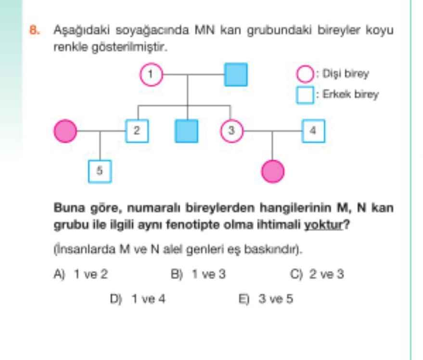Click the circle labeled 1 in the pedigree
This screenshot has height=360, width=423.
pos(151,74)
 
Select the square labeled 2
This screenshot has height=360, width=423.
pos(137,130)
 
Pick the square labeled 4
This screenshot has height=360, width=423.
pos(313,130)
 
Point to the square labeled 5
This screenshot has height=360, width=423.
pos(100,171)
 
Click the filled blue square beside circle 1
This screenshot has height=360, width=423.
pos(236,74)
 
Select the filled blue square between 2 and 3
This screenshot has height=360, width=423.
pos(187,131)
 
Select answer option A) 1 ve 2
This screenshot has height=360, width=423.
pos(81,274)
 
